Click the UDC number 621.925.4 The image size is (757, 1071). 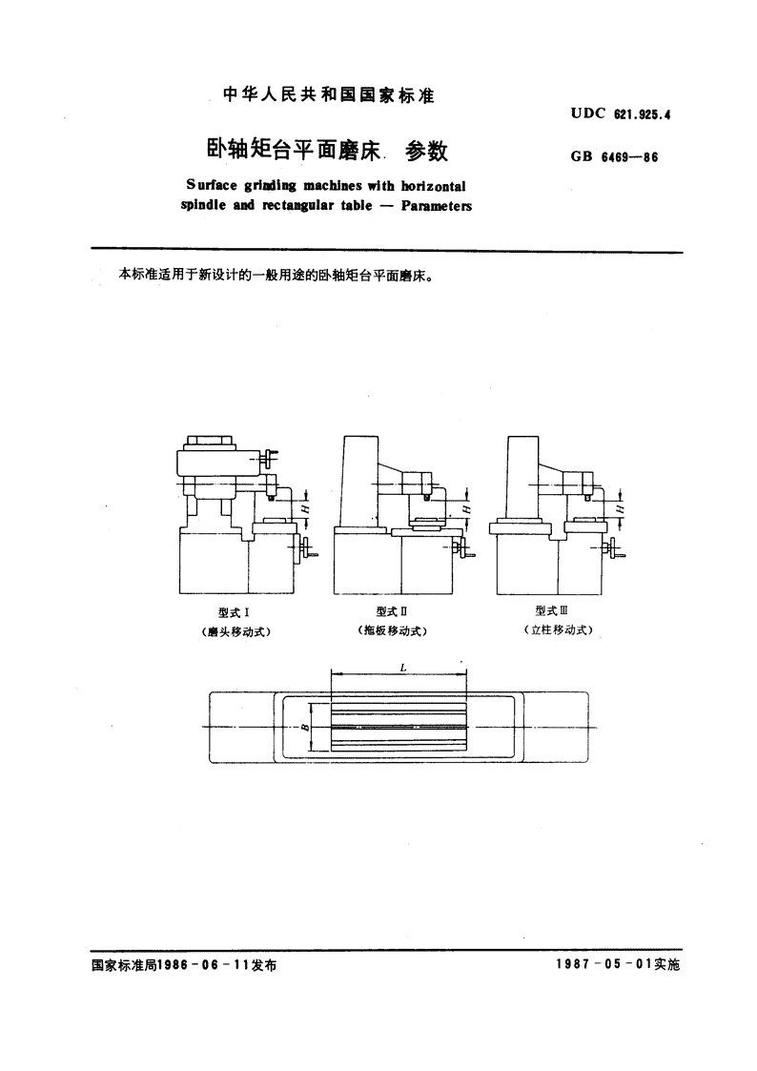[x=643, y=114]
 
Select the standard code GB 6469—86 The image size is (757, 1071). [x=614, y=157]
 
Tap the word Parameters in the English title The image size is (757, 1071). [x=436, y=206]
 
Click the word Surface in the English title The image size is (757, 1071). [x=212, y=186]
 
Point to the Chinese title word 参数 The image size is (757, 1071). [x=426, y=151]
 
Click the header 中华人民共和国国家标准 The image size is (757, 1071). [x=329, y=95]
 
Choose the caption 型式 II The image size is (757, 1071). [x=391, y=611]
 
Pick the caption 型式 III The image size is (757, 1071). [x=551, y=610]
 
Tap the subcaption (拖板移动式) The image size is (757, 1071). [x=392, y=631]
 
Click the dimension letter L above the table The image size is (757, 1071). [x=403, y=668]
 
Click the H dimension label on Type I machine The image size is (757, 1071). [x=305, y=509]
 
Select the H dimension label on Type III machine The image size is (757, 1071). [x=620, y=509]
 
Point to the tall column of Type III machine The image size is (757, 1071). [x=524, y=479]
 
